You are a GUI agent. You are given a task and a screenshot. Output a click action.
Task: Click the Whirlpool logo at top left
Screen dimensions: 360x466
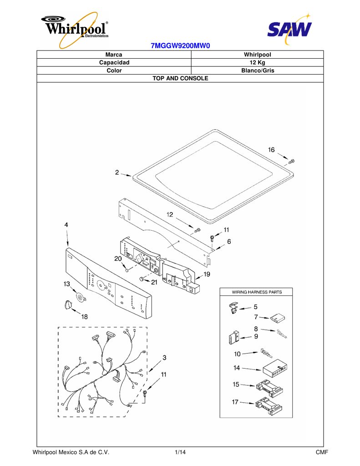pyautogui.click(x=75, y=29)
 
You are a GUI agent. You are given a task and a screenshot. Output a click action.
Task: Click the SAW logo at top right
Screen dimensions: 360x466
pyautogui.click(x=289, y=29)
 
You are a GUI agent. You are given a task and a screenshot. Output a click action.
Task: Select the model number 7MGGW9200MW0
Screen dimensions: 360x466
pyautogui.click(x=180, y=46)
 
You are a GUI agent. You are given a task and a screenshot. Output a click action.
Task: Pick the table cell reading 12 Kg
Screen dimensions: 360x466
pyautogui.click(x=257, y=62)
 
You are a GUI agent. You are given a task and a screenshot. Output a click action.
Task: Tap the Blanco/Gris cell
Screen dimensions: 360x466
pyautogui.click(x=258, y=71)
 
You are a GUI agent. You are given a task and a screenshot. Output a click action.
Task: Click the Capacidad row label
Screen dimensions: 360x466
pyautogui.click(x=114, y=62)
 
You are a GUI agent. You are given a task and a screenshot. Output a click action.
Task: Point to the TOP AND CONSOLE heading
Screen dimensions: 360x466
pyautogui.click(x=180, y=78)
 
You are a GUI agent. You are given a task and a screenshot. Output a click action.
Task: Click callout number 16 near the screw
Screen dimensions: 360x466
pyautogui.click(x=271, y=149)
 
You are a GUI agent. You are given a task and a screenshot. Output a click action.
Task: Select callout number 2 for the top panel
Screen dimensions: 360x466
pyautogui.click(x=117, y=172)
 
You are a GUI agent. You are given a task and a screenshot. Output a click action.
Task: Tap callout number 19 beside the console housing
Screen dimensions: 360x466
pyautogui.click(x=207, y=274)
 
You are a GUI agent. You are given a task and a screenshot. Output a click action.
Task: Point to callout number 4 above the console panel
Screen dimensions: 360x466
pyautogui.click(x=66, y=225)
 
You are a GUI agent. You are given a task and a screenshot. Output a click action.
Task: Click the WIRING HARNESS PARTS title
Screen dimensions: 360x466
pyautogui.click(x=257, y=292)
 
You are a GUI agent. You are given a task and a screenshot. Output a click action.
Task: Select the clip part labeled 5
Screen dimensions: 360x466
pyautogui.click(x=234, y=308)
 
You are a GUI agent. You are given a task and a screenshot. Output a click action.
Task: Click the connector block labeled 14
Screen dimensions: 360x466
pyautogui.click(x=275, y=370)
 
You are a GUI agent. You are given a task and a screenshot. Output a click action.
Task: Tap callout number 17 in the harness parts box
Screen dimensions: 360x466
pyautogui.click(x=235, y=402)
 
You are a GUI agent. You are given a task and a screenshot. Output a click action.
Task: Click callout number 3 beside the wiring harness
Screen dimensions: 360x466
pyautogui.click(x=164, y=358)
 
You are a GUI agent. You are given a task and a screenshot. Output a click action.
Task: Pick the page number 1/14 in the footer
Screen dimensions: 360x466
pyautogui.click(x=180, y=452)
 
